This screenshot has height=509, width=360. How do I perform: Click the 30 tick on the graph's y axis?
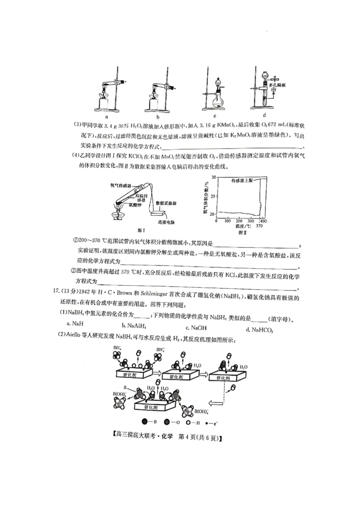pyautogui.click(x=213, y=177)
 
